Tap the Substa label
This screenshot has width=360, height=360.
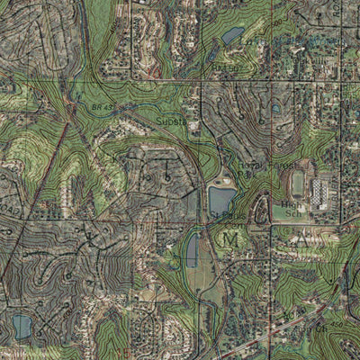tap(172, 119)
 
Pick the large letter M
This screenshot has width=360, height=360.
tap(231, 239)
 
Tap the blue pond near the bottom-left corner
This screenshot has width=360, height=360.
tap(21, 326)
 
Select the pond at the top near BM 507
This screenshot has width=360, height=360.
tap(232, 36)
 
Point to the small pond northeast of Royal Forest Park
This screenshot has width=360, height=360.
tap(274, 108)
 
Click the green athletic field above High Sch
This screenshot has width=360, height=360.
tap(298, 184)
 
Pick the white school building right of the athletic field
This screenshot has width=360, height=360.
tap(320, 192)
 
